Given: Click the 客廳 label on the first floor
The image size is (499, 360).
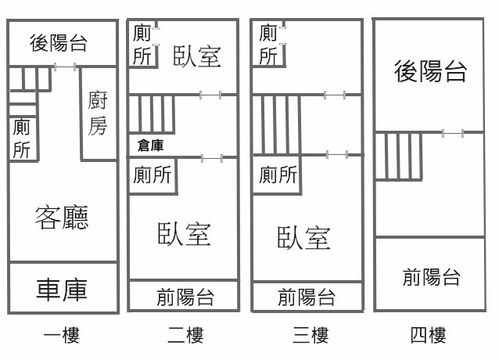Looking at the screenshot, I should click(62, 217).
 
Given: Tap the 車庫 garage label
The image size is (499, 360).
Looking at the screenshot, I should click(62, 289).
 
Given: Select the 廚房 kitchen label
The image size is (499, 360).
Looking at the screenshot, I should click(97, 113).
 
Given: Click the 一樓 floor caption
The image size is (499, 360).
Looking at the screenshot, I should click(61, 337).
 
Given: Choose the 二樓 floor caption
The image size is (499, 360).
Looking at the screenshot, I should click(185, 337).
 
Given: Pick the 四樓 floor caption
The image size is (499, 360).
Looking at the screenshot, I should click(428, 337).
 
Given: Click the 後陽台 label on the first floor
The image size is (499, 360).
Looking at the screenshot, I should click(58, 43).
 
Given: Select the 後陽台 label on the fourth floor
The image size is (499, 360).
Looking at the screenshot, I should click(431, 72).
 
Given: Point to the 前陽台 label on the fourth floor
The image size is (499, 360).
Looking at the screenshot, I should click(431, 277).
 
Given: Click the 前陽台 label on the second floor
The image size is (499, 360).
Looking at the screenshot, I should click(185, 297).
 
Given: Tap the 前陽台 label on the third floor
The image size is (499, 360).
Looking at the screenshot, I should click(307, 297).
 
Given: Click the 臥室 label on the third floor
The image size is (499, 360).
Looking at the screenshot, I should click(303, 236).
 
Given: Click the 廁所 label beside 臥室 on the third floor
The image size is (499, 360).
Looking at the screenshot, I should click(278, 175).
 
